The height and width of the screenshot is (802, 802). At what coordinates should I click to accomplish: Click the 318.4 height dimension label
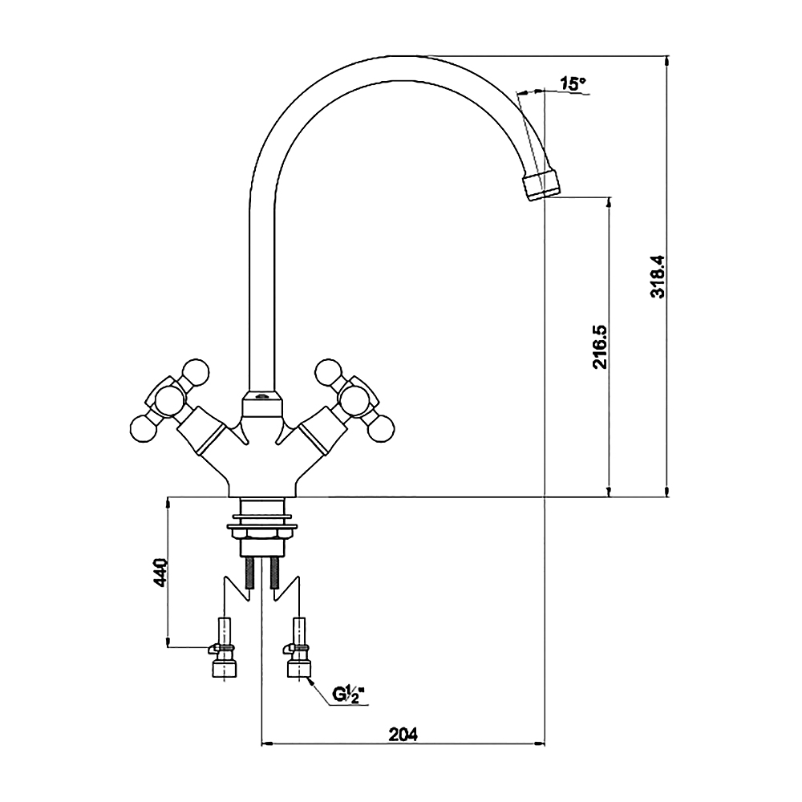click(x=658, y=276)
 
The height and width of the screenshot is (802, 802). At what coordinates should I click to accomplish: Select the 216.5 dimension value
click(x=599, y=346)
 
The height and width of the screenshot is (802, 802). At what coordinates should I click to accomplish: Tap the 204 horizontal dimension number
click(x=403, y=735)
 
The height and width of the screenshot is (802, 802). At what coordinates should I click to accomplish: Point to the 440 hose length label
click(x=160, y=573)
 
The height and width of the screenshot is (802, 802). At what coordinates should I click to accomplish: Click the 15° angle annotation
click(x=573, y=83)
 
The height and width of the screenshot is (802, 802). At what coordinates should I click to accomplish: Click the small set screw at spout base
click(x=262, y=395)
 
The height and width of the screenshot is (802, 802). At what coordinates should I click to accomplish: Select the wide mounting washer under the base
click(x=262, y=526)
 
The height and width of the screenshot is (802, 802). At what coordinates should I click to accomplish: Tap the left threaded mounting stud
click(x=249, y=573)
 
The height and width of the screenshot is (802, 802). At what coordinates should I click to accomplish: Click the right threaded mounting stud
click(x=274, y=573)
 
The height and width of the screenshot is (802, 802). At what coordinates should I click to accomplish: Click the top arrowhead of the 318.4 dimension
click(x=666, y=60)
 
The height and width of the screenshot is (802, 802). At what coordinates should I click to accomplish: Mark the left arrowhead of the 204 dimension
click(x=267, y=744)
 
